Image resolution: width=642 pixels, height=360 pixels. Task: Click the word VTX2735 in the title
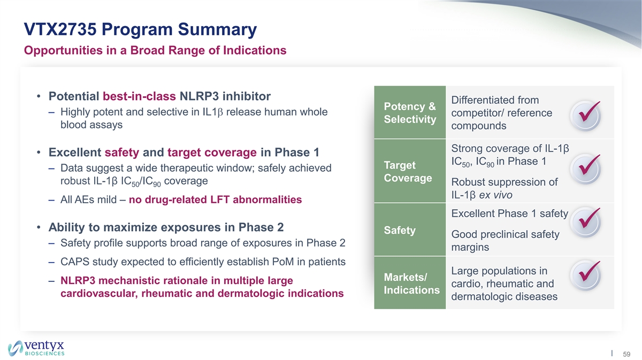60,29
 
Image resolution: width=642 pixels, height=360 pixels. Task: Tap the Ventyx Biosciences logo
36,348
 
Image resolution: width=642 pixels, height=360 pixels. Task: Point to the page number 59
626,354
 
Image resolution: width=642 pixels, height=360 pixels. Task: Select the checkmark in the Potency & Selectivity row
585,115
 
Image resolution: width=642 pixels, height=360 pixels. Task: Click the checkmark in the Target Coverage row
585,168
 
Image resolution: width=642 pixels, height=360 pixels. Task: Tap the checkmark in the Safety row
585,222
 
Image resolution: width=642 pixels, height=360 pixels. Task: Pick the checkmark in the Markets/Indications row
585,275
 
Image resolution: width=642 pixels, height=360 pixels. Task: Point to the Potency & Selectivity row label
410,113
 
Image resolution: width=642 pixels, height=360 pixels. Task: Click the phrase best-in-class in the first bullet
139,96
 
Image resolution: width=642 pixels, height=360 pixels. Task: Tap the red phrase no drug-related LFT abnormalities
215,200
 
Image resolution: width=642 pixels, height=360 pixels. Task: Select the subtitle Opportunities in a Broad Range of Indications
155,50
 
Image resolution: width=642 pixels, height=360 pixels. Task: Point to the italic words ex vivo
495,195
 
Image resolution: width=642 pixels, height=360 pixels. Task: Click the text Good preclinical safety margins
505,241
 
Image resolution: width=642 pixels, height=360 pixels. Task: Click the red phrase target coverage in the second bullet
212,152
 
